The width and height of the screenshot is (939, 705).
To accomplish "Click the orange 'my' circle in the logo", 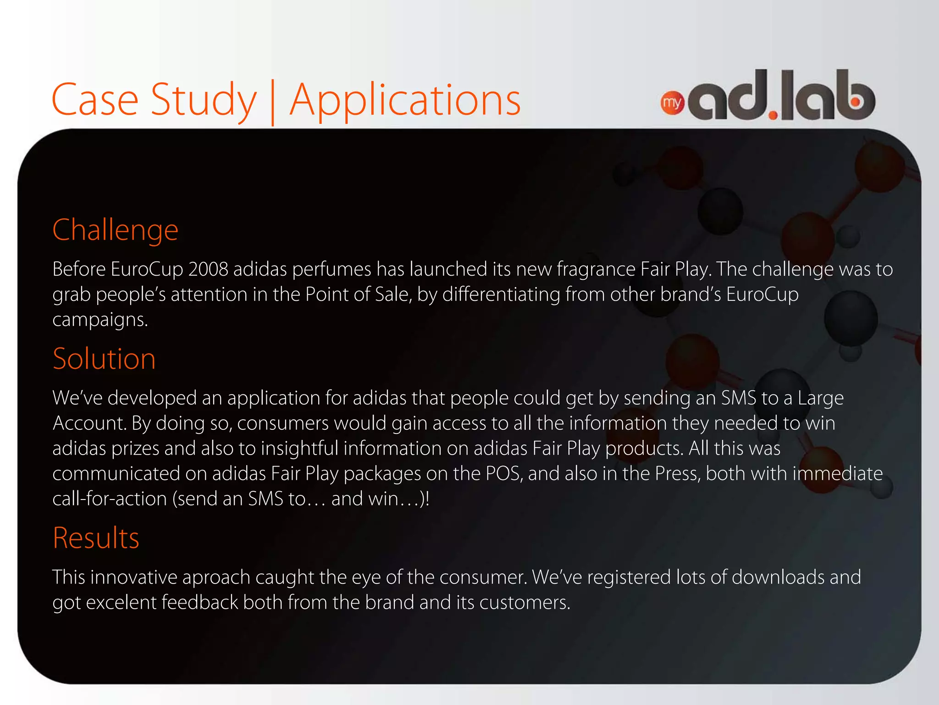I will pos(672,103).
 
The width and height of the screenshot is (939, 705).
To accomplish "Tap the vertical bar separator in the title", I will pos(273,102).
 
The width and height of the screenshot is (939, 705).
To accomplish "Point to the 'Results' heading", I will pos(96,538).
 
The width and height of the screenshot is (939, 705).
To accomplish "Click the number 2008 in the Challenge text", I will pos(208,269).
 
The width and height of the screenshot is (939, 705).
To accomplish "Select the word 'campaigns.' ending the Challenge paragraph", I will pos(100,319).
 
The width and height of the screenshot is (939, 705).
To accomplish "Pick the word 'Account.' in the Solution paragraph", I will pos(89,423).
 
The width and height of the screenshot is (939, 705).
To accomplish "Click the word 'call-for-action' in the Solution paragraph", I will pos(110,499).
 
